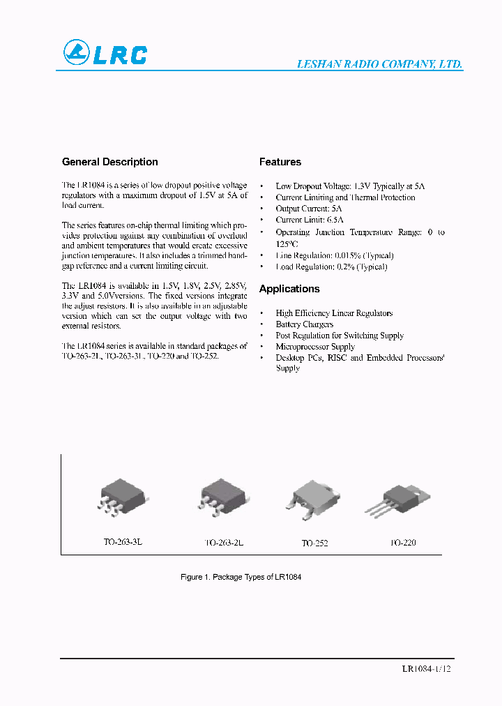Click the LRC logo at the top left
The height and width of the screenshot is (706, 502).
click(105, 53)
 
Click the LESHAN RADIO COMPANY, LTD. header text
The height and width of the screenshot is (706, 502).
click(380, 64)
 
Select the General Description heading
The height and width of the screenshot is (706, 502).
click(110, 162)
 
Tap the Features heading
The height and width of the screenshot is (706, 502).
click(280, 162)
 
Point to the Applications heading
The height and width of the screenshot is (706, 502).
click(289, 289)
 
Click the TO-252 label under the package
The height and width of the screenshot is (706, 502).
click(314, 543)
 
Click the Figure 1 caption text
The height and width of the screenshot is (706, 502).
click(241, 578)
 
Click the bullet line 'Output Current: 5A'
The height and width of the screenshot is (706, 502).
click(309, 209)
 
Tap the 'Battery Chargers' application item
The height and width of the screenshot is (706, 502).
click(305, 324)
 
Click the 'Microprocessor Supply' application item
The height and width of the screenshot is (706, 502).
click(315, 347)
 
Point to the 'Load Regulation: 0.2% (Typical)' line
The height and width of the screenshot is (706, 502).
click(331, 266)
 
